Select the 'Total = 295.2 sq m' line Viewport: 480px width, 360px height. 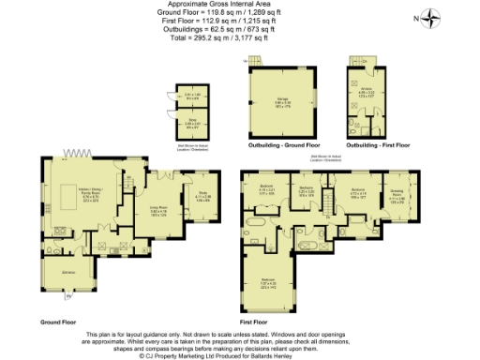click(240, 38)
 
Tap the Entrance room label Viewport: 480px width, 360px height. click(69, 273)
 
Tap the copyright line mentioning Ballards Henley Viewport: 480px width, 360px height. click(240, 356)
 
